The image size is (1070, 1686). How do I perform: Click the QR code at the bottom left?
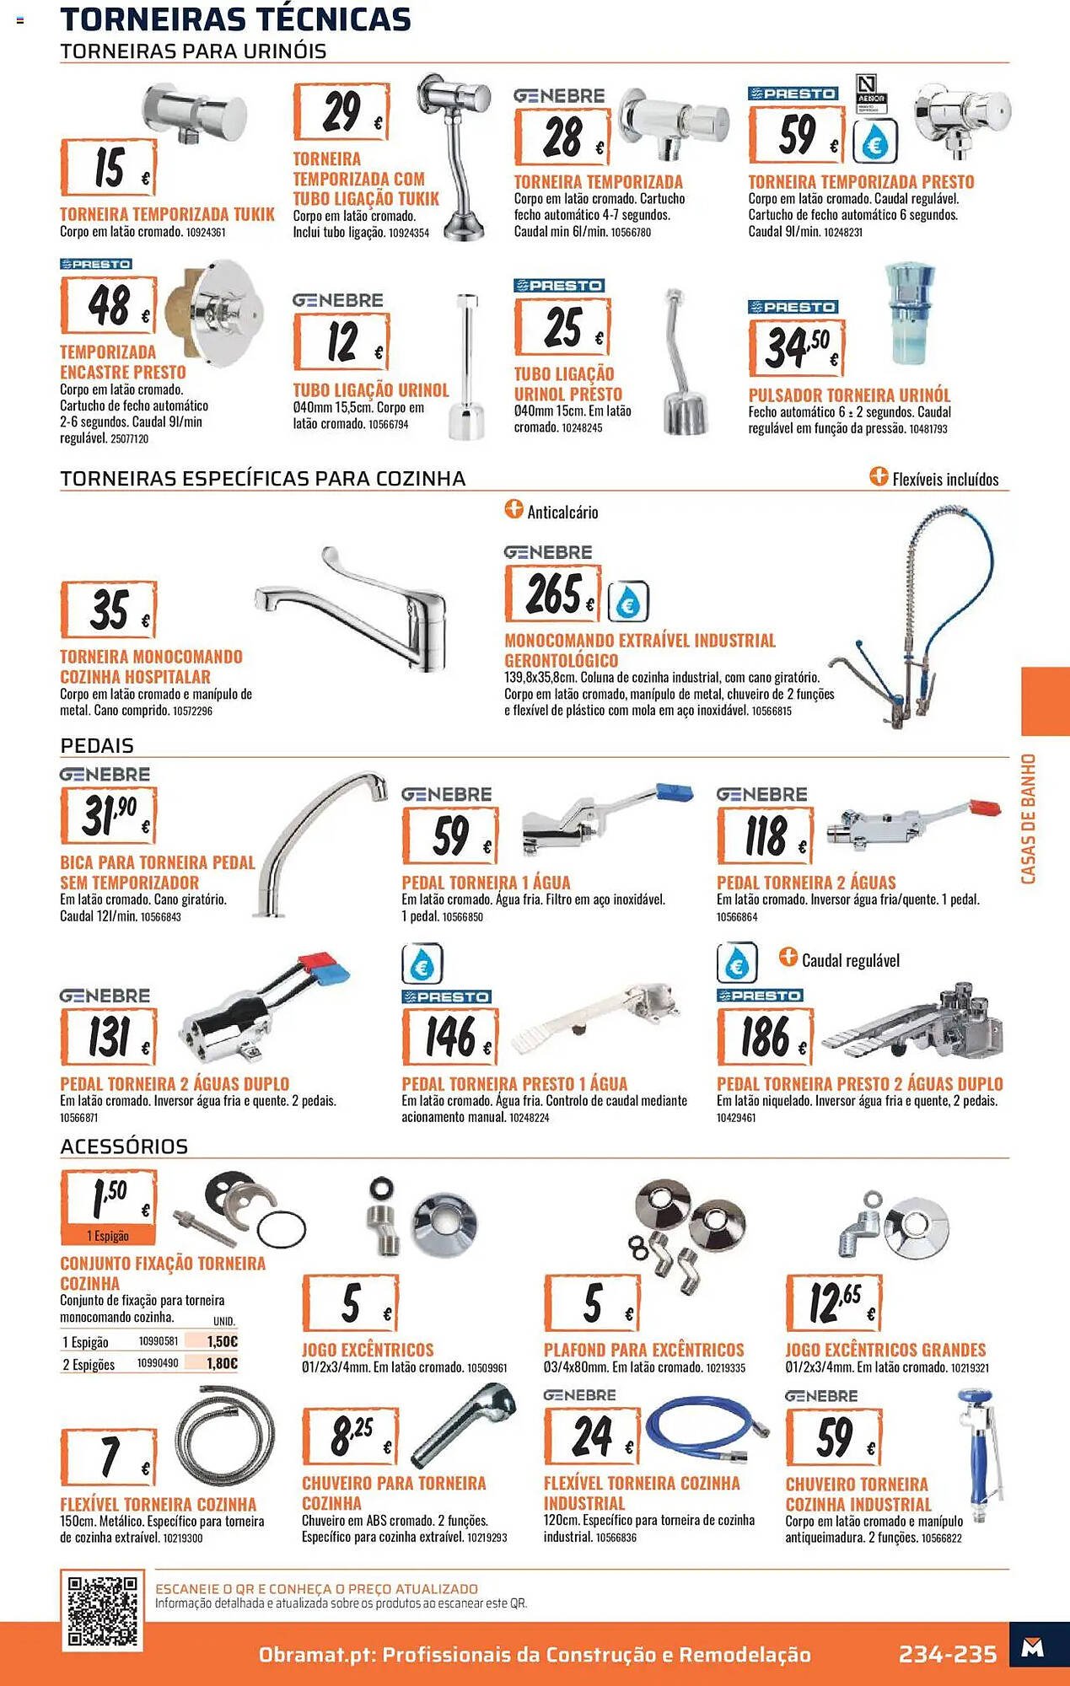point(102,1610)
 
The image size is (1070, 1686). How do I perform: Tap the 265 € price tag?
point(553,593)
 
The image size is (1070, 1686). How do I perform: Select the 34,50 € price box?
point(797,347)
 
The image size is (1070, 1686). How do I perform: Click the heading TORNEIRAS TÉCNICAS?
point(235,19)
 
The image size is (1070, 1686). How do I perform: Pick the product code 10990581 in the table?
point(159,1341)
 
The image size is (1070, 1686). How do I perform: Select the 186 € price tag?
point(766,1037)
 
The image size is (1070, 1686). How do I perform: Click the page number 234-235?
point(948,1654)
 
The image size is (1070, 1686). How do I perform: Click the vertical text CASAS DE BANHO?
point(1029,819)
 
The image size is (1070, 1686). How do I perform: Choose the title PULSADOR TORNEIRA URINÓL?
point(849,395)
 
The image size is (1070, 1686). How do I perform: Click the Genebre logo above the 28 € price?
point(560,96)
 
